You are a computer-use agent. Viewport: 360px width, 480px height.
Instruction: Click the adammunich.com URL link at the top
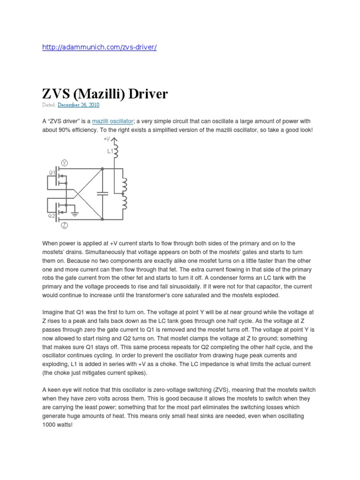pyautogui.click(x=99, y=48)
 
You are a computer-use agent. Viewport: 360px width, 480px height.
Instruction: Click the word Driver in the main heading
pyautogui.click(x=145, y=94)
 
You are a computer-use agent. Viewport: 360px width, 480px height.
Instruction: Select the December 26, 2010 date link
pyautogui.click(x=78, y=105)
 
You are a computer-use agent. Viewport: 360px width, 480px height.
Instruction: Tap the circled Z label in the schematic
pyautogui.click(x=65, y=225)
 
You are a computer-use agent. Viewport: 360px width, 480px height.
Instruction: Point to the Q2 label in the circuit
pyautogui.click(x=52, y=216)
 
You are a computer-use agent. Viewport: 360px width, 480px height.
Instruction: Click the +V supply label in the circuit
pyautogui.click(x=107, y=139)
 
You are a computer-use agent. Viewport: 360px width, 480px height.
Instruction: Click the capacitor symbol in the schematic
pyautogui.click(x=101, y=193)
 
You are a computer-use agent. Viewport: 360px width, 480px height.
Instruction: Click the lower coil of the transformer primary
pyautogui.click(x=124, y=202)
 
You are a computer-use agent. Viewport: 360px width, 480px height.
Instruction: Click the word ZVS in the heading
pyautogui.click(x=57, y=94)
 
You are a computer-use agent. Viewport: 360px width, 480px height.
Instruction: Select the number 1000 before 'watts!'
pyautogui.click(x=50, y=424)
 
